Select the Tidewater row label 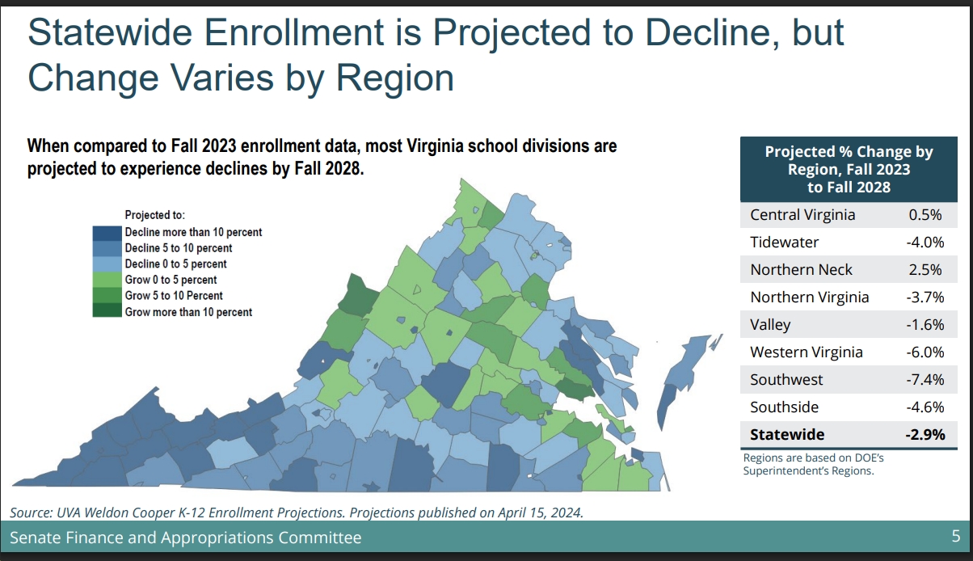(x=784, y=243)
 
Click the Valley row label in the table (x=770, y=325)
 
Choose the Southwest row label (x=786, y=380)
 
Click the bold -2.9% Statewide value (x=924, y=435)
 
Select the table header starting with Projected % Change (x=849, y=169)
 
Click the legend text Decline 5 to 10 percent (x=178, y=248)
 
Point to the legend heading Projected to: (x=155, y=215)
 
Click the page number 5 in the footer (x=955, y=537)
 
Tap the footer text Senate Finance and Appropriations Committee (x=185, y=538)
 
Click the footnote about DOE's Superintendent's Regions (x=808, y=465)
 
